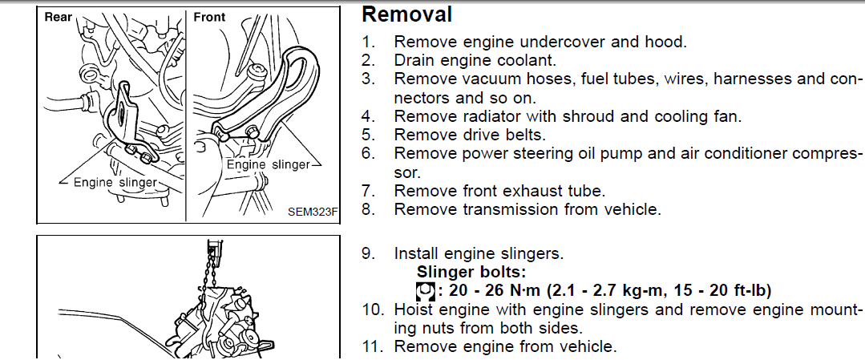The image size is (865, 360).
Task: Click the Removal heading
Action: [407, 14]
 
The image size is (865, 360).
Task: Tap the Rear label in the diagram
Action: [59, 17]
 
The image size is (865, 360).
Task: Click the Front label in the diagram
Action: [210, 17]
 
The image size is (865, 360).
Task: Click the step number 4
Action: [368, 115]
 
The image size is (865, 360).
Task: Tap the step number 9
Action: [368, 253]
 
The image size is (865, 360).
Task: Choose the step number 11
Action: [371, 346]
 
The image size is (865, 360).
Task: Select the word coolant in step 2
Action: [521, 60]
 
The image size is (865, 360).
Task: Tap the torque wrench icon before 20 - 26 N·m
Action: [426, 290]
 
